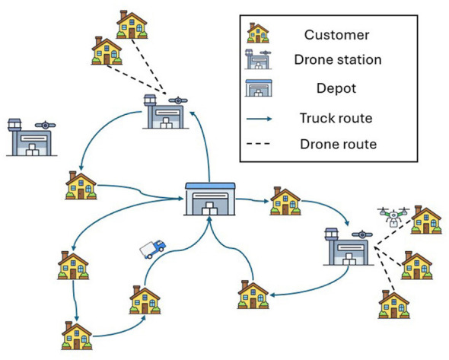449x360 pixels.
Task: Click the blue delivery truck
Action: coord(153,249)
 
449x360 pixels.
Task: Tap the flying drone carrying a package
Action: coord(393,217)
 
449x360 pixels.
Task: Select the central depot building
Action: coord(210,199)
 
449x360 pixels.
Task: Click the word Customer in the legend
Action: coord(336,35)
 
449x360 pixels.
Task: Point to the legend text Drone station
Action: coord(338,60)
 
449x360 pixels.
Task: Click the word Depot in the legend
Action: coord(336,88)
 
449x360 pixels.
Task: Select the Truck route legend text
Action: coord(336,118)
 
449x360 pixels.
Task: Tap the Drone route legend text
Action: coord(338,144)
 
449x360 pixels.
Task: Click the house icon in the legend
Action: coord(258,33)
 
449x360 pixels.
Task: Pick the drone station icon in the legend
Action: coord(258,59)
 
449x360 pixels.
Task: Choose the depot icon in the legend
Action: coord(259,88)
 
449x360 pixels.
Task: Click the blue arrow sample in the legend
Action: coord(260,119)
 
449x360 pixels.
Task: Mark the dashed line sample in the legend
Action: coord(258,144)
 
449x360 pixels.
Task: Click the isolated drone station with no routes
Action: coord(31,138)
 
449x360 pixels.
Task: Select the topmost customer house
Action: coord(132,25)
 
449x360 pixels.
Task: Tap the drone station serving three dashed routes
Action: coord(349,247)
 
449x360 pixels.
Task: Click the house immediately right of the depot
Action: coord(285,201)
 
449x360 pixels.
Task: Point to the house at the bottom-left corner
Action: coord(77,336)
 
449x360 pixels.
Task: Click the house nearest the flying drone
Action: coord(426,220)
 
